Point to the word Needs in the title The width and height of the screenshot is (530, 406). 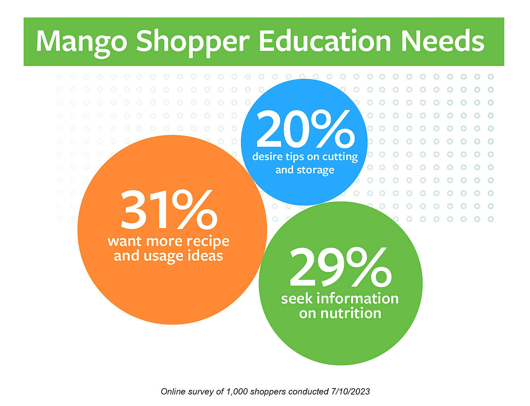pyautogui.click(x=442, y=41)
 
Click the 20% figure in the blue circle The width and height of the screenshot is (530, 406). pyautogui.click(x=305, y=129)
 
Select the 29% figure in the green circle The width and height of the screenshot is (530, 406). pyautogui.click(x=340, y=268)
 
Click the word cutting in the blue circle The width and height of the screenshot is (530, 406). pyautogui.click(x=340, y=157)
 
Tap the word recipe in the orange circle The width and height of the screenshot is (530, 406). pyautogui.click(x=208, y=241)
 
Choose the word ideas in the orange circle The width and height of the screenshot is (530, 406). pyautogui.click(x=205, y=256)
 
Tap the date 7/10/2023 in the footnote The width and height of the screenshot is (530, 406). pyautogui.click(x=350, y=392)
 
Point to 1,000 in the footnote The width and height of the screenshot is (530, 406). pyautogui.click(x=237, y=392)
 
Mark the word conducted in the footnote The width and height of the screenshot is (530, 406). pyautogui.click(x=308, y=392)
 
